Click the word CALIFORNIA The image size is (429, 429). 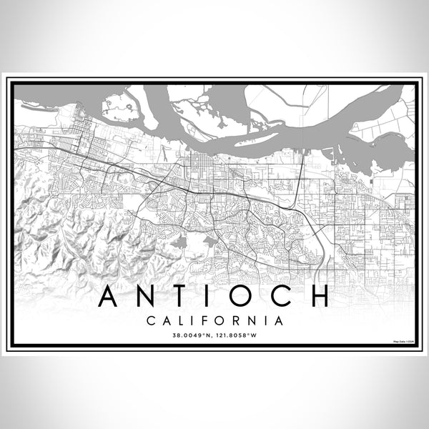[x=214, y=321]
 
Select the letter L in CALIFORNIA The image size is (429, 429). [x=179, y=321]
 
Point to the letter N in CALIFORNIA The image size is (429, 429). [x=250, y=321]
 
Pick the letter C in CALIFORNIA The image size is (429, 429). [x=150, y=321]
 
